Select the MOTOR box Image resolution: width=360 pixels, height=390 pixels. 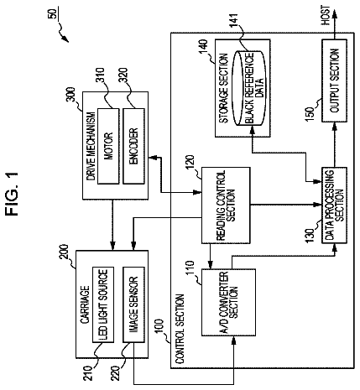coord(108,146)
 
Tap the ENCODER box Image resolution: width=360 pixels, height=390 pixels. coord(133,146)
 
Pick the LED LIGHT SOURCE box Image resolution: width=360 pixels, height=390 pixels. coord(103,304)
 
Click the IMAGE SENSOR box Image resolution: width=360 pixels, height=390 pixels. coord(133,304)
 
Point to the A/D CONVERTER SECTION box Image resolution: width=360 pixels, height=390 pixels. coord(228,302)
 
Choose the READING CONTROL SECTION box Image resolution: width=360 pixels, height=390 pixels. coord(226,205)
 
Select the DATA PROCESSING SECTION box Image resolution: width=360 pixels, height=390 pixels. coord(334,205)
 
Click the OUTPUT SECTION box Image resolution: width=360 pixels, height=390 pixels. coord(334,81)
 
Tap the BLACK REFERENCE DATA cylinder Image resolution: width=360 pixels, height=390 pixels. coord(250,88)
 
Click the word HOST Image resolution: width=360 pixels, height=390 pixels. coord(326,15)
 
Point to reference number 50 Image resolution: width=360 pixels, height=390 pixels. coord(52,13)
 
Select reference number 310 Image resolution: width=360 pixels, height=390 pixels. coord(100,75)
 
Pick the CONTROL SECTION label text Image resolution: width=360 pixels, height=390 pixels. coord(180,329)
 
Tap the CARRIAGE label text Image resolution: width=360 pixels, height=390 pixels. coord(85,304)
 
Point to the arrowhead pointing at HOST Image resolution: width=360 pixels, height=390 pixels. coord(334,15)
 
